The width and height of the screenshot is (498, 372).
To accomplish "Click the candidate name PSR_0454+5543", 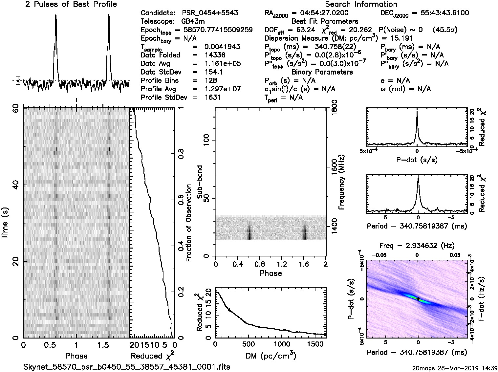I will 210,13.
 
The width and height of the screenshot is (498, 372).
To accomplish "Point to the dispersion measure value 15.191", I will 402,38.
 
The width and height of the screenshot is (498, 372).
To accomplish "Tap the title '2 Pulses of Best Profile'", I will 71,5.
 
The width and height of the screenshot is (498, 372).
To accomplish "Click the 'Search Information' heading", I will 361,5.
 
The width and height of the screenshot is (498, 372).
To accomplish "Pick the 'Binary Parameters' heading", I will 322,72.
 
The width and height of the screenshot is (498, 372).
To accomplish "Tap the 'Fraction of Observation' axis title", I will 189,223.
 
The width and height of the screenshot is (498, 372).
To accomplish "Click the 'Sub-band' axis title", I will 200,182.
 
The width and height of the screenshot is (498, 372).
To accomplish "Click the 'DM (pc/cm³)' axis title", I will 270,356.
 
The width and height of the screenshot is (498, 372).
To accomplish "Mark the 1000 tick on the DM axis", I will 282,344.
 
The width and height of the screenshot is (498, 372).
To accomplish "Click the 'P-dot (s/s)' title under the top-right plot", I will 417,160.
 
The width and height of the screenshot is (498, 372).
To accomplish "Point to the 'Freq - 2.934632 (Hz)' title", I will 417,246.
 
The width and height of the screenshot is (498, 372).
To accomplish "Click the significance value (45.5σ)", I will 445,30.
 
